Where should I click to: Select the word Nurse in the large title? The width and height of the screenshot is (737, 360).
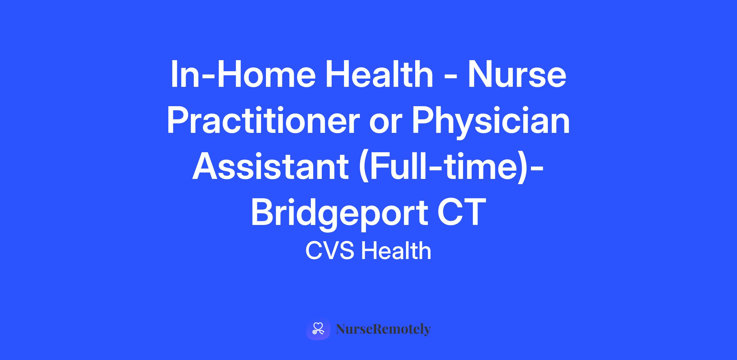point(517,74)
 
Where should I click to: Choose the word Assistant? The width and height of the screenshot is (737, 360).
point(270,166)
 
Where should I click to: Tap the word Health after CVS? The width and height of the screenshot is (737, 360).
point(396,250)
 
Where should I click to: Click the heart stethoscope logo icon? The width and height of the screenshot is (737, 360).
point(318,329)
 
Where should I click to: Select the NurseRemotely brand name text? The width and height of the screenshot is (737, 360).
point(384,329)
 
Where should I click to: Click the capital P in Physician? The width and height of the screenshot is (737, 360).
point(423,120)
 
